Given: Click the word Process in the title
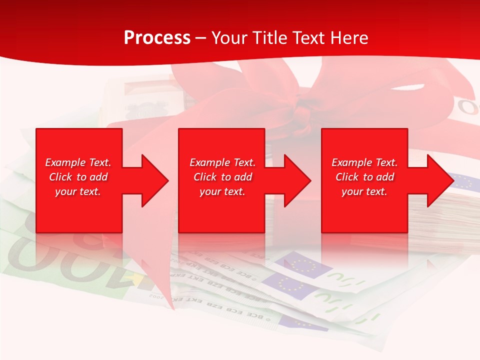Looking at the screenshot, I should pos(157,38).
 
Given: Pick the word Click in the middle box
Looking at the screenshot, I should pos(205,177).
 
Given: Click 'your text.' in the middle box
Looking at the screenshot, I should pos(222,191).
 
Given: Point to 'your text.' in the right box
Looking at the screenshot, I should pos(364,191).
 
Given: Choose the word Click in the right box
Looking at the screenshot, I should pos(347,177).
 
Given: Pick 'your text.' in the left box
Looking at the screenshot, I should pos(78,191).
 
